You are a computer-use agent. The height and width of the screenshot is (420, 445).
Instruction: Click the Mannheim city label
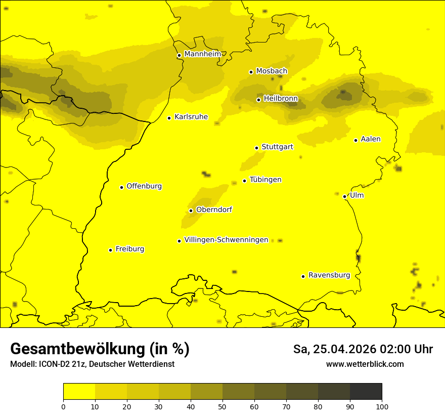(x=202, y=54)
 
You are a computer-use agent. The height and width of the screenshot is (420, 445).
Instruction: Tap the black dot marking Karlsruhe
(x=169, y=118)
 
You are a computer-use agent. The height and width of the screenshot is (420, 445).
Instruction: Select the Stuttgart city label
(x=277, y=147)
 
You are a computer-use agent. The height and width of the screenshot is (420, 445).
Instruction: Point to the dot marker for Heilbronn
(x=258, y=100)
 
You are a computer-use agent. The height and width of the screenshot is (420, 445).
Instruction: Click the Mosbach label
(x=272, y=71)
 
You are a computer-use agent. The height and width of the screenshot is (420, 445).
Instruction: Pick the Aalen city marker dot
(x=355, y=140)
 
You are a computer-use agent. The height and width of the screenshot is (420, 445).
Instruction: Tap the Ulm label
(x=357, y=195)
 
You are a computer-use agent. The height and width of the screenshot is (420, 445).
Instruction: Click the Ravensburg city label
(x=329, y=275)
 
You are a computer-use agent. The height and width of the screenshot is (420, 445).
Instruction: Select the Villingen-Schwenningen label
(x=226, y=240)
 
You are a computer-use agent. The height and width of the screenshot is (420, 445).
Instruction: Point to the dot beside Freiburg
(x=110, y=250)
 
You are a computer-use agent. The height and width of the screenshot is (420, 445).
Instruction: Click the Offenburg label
(x=144, y=186)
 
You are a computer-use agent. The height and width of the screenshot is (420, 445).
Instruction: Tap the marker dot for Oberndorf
(x=191, y=211)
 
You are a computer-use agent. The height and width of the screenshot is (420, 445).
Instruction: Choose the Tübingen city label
(x=265, y=180)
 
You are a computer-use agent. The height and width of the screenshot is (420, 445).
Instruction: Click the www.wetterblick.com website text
(x=365, y=364)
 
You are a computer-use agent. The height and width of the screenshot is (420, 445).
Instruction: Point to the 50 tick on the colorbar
(x=223, y=406)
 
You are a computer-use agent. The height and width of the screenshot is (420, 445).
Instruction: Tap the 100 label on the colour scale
(x=382, y=406)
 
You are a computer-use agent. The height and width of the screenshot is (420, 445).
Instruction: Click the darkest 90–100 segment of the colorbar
(x=366, y=392)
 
